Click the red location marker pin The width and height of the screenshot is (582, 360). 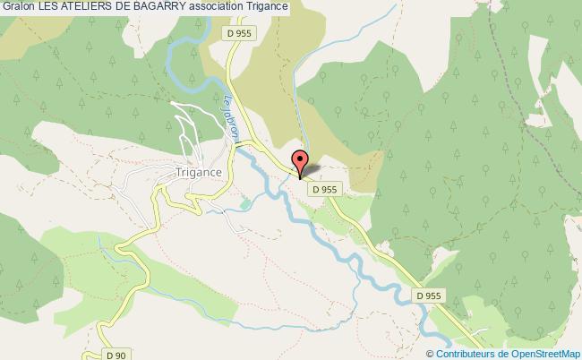click(300, 162)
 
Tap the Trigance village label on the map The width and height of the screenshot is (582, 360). click(201, 173)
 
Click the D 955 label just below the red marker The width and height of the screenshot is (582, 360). click(323, 189)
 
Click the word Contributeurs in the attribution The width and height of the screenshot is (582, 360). click(465, 354)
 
